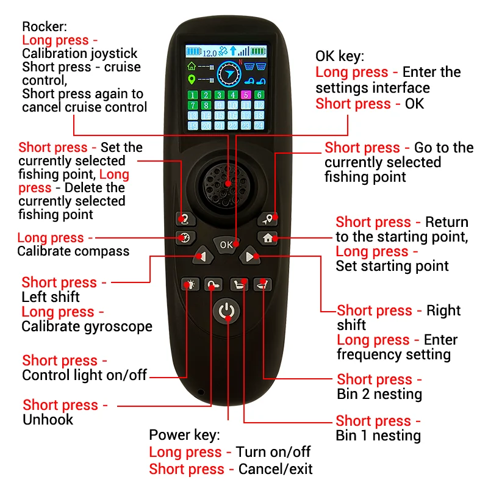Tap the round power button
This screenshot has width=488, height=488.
pyautogui.click(x=226, y=311)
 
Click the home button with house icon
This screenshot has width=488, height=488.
pyautogui.click(x=268, y=238)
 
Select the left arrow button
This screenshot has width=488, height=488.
pyautogui.click(x=203, y=256)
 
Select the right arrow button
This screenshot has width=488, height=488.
pyautogui.click(x=249, y=256)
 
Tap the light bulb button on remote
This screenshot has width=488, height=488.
pyautogui.click(x=190, y=284)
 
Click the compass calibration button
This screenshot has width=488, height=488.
pyautogui.click(x=185, y=238)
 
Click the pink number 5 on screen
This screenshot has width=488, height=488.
pyautogui.click(x=246, y=95)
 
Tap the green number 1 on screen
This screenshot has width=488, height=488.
pyautogui.click(x=193, y=95)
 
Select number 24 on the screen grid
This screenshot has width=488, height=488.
pyautogui.click(x=259, y=126)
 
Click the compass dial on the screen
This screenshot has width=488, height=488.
pyautogui.click(x=229, y=74)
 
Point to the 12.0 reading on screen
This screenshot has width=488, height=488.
pyautogui.click(x=209, y=53)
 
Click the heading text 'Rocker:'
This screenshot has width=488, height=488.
pyautogui.click(x=45, y=27)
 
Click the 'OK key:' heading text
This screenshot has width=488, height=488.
pyautogui.click(x=340, y=57)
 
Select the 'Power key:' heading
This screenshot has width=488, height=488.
pyautogui.click(x=185, y=435)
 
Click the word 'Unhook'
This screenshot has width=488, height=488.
pyautogui.click(x=48, y=420)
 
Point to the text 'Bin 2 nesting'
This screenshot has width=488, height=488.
pyautogui.click(x=379, y=394)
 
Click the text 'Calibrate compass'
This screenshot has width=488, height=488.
pyautogui.click(x=73, y=251)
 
